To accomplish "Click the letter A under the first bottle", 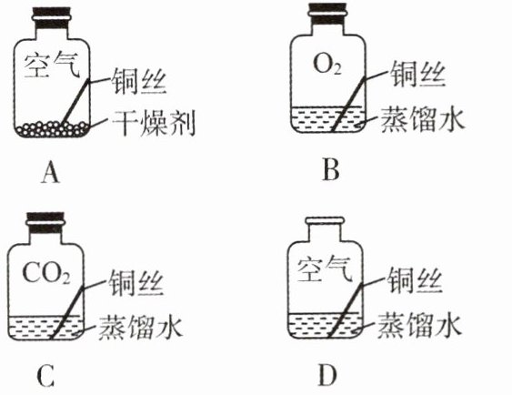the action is coord(51,173).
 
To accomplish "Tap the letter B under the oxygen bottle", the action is coord(330,170).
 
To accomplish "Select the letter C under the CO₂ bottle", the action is coord(45,377).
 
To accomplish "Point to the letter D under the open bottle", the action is coord(327,376).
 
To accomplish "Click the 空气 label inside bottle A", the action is coord(52,66).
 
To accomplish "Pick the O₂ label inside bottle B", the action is coord(327,64).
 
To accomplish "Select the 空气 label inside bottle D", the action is coord(326,270).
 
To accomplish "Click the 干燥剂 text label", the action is coord(154,124).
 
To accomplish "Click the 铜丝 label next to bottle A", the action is coord(139,82).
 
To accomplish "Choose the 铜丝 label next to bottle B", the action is coord(418,74).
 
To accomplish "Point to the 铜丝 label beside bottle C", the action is coord(136,283).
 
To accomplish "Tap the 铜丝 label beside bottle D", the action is coord(415,280).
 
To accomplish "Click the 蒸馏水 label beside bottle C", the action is coord(140,327).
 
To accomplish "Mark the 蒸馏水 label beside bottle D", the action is coord(419,326).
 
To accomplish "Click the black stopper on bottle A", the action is coord(51,18).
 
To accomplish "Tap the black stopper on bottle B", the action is coord(327,14).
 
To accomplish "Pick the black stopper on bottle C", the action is coord(45,222).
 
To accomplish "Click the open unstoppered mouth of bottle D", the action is coord(325,220).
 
